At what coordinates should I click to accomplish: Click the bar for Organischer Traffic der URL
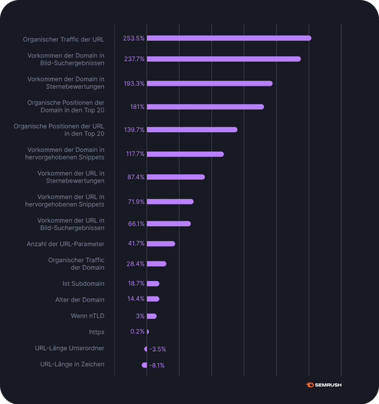[229, 38]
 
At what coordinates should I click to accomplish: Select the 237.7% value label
[134, 59]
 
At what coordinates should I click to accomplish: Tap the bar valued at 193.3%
[209, 84]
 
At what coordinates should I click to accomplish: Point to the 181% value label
[137, 107]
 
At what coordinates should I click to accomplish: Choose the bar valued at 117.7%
[185, 154]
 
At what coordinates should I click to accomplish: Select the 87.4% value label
[135, 177]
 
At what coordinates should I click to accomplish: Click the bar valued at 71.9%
[170, 202]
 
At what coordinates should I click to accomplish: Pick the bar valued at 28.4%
[157, 263]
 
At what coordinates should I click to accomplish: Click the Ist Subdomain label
[84, 284]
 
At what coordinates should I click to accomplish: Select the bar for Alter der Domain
[153, 299]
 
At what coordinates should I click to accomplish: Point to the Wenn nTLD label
[88, 316]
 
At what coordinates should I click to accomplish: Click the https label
[96, 332]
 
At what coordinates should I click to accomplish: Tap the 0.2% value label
[137, 332]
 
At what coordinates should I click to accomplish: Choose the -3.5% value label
[158, 348]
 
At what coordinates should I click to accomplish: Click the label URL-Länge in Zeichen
[72, 364]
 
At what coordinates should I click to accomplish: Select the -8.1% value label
[157, 365]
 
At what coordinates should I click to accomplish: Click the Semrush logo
[324, 384]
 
